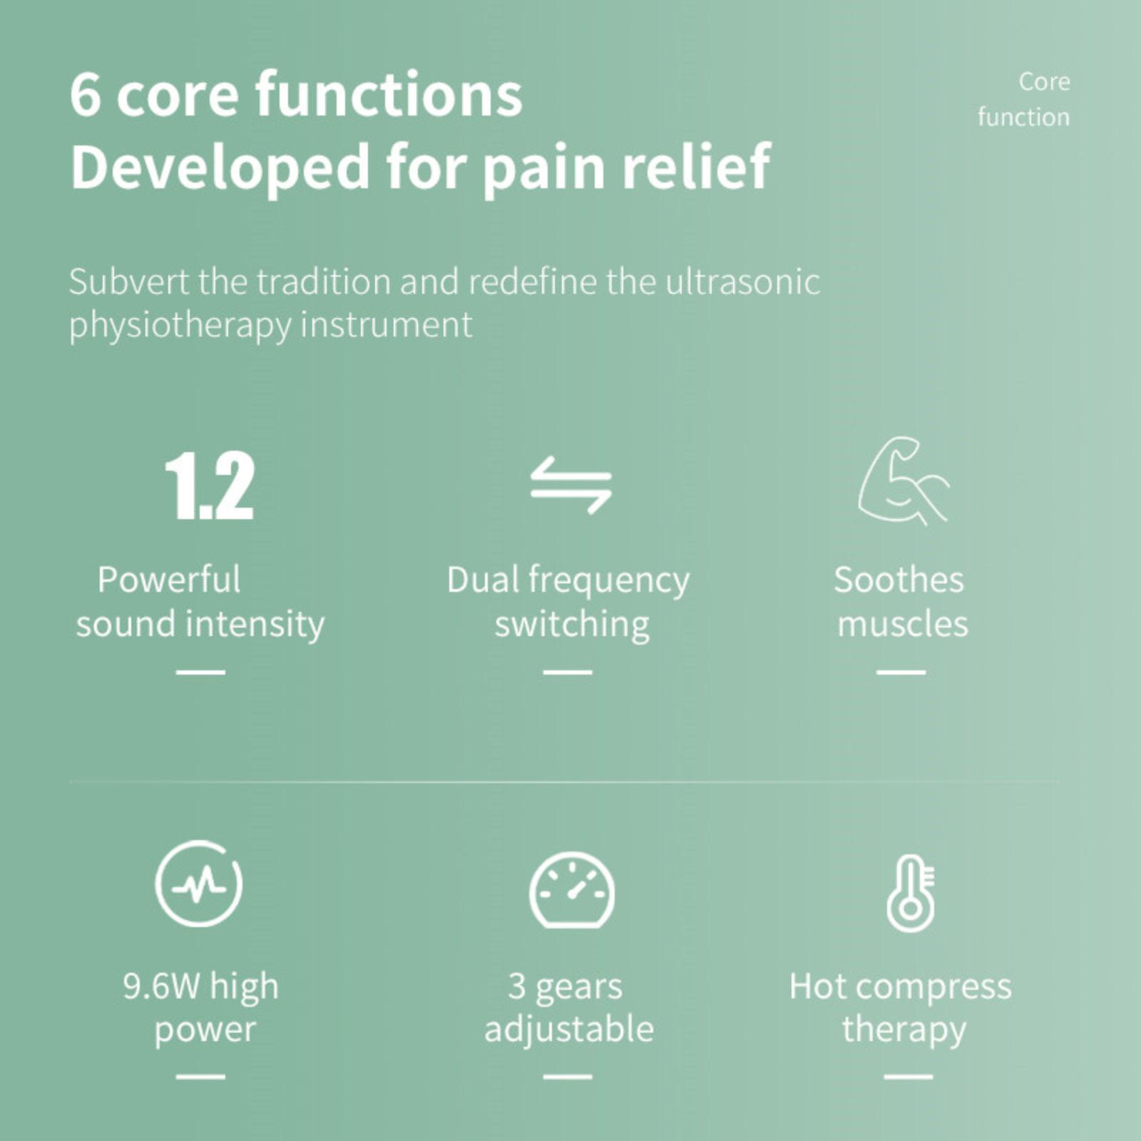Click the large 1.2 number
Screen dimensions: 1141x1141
pos(209,486)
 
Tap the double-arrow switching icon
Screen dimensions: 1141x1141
pos(570,486)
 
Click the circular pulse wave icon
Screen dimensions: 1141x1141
pos(199,884)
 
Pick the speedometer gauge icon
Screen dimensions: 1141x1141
pos(571,889)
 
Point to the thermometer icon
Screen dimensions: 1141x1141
pos(911,893)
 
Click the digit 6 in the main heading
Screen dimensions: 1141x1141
pos(85,95)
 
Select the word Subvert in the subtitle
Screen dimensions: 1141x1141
pos(130,281)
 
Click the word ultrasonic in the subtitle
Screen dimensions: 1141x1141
pos(742,281)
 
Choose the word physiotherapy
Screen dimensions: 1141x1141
pos(180,326)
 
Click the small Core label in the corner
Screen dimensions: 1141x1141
pos(1044,81)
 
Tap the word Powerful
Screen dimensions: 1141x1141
pos(169,579)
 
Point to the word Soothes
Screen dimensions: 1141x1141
pos(899,579)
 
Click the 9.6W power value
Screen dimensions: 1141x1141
pos(161,986)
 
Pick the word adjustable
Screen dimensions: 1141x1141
pos(569,1030)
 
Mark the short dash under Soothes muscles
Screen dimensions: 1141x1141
pos(901,672)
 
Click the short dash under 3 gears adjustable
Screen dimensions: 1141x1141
pos(568,1077)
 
